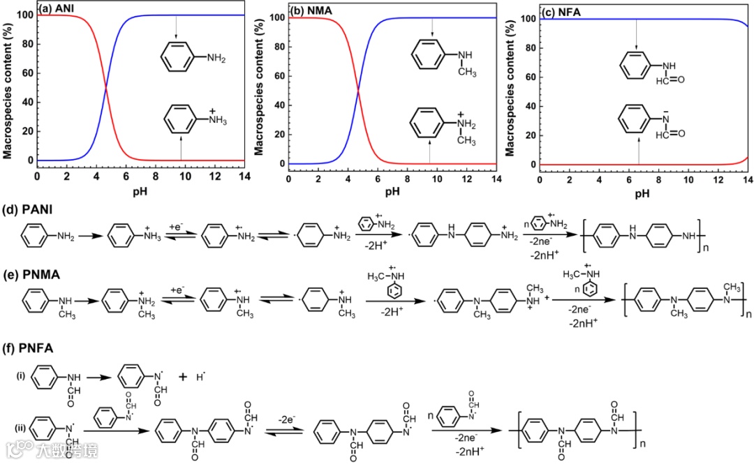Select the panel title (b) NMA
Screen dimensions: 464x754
pos(310,10)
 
